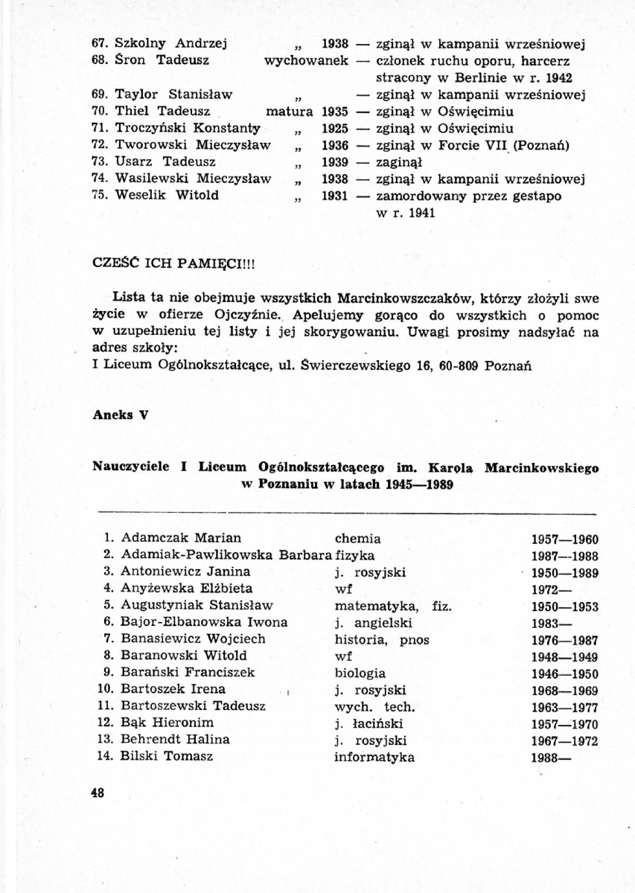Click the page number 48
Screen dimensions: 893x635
click(96, 793)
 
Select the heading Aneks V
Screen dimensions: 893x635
click(117, 415)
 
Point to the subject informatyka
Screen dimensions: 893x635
click(374, 758)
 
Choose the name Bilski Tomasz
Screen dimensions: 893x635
click(167, 757)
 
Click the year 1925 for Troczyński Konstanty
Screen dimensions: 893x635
click(335, 128)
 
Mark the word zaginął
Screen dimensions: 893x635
click(399, 161)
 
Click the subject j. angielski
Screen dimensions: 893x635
click(373, 623)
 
